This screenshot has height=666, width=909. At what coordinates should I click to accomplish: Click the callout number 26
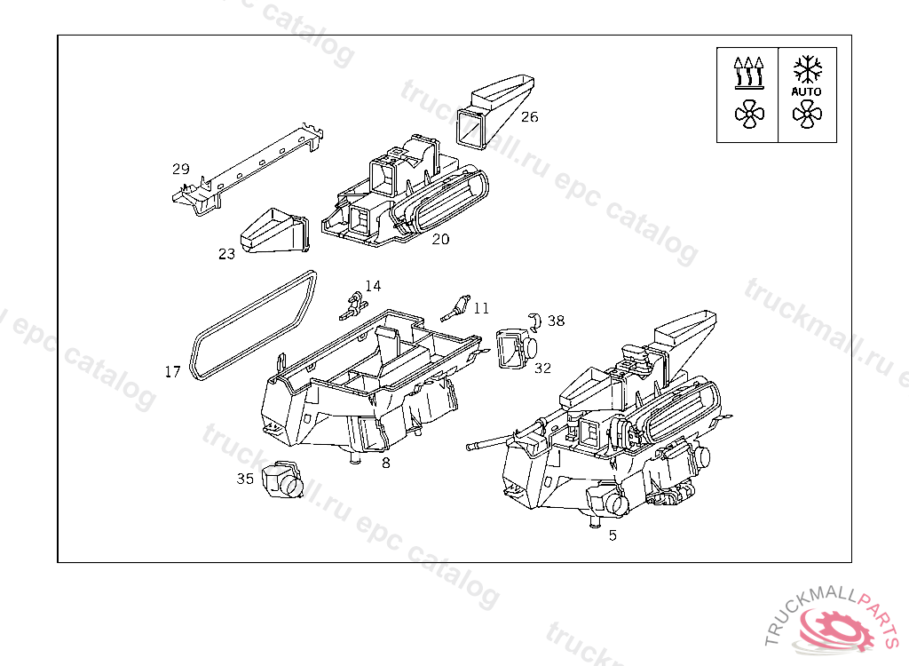529,116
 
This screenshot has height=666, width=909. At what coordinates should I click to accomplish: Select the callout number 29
181,169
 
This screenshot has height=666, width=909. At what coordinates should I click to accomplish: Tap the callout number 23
227,254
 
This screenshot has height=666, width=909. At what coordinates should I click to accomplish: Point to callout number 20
441,239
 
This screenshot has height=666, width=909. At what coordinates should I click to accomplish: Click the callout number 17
173,371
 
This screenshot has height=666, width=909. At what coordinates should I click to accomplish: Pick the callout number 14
373,286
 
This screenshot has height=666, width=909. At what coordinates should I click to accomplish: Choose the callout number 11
481,308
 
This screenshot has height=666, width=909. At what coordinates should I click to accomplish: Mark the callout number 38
556,321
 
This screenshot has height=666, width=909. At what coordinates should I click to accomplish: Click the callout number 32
542,368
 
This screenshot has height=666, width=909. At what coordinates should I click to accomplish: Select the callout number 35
245,479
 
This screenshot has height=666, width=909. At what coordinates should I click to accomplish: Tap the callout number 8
385,463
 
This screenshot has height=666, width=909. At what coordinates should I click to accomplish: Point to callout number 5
613,535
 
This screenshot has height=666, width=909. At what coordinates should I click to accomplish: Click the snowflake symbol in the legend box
807,68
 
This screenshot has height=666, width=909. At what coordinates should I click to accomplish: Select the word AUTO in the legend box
807,91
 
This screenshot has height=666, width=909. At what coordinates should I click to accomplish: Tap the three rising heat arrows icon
748,72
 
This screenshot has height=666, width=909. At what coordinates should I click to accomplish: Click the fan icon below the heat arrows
748,113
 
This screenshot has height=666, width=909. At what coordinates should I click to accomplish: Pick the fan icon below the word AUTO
807,113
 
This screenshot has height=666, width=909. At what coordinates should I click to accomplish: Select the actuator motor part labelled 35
284,480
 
